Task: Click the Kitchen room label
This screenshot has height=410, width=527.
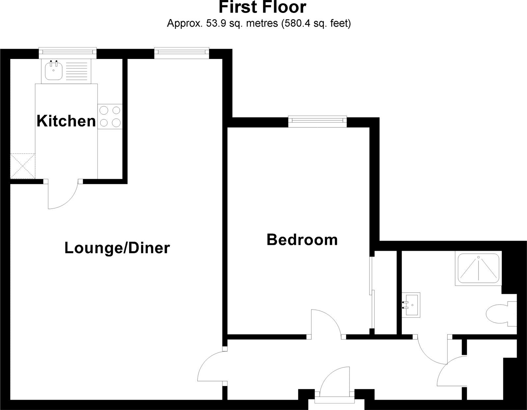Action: [66, 121]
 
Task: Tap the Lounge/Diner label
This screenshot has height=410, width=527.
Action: [117, 248]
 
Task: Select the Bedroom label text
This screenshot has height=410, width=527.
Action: [302, 240]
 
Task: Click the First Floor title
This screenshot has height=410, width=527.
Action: [263, 7]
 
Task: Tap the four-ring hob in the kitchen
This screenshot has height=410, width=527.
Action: [110, 117]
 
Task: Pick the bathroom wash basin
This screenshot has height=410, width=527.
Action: [411, 305]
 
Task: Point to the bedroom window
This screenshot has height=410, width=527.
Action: [318, 122]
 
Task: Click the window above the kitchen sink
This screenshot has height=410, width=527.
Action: [68, 53]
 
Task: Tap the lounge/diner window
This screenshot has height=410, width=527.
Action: [181, 53]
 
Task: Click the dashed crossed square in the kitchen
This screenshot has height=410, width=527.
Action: [22, 166]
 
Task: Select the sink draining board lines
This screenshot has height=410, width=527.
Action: [76, 71]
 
